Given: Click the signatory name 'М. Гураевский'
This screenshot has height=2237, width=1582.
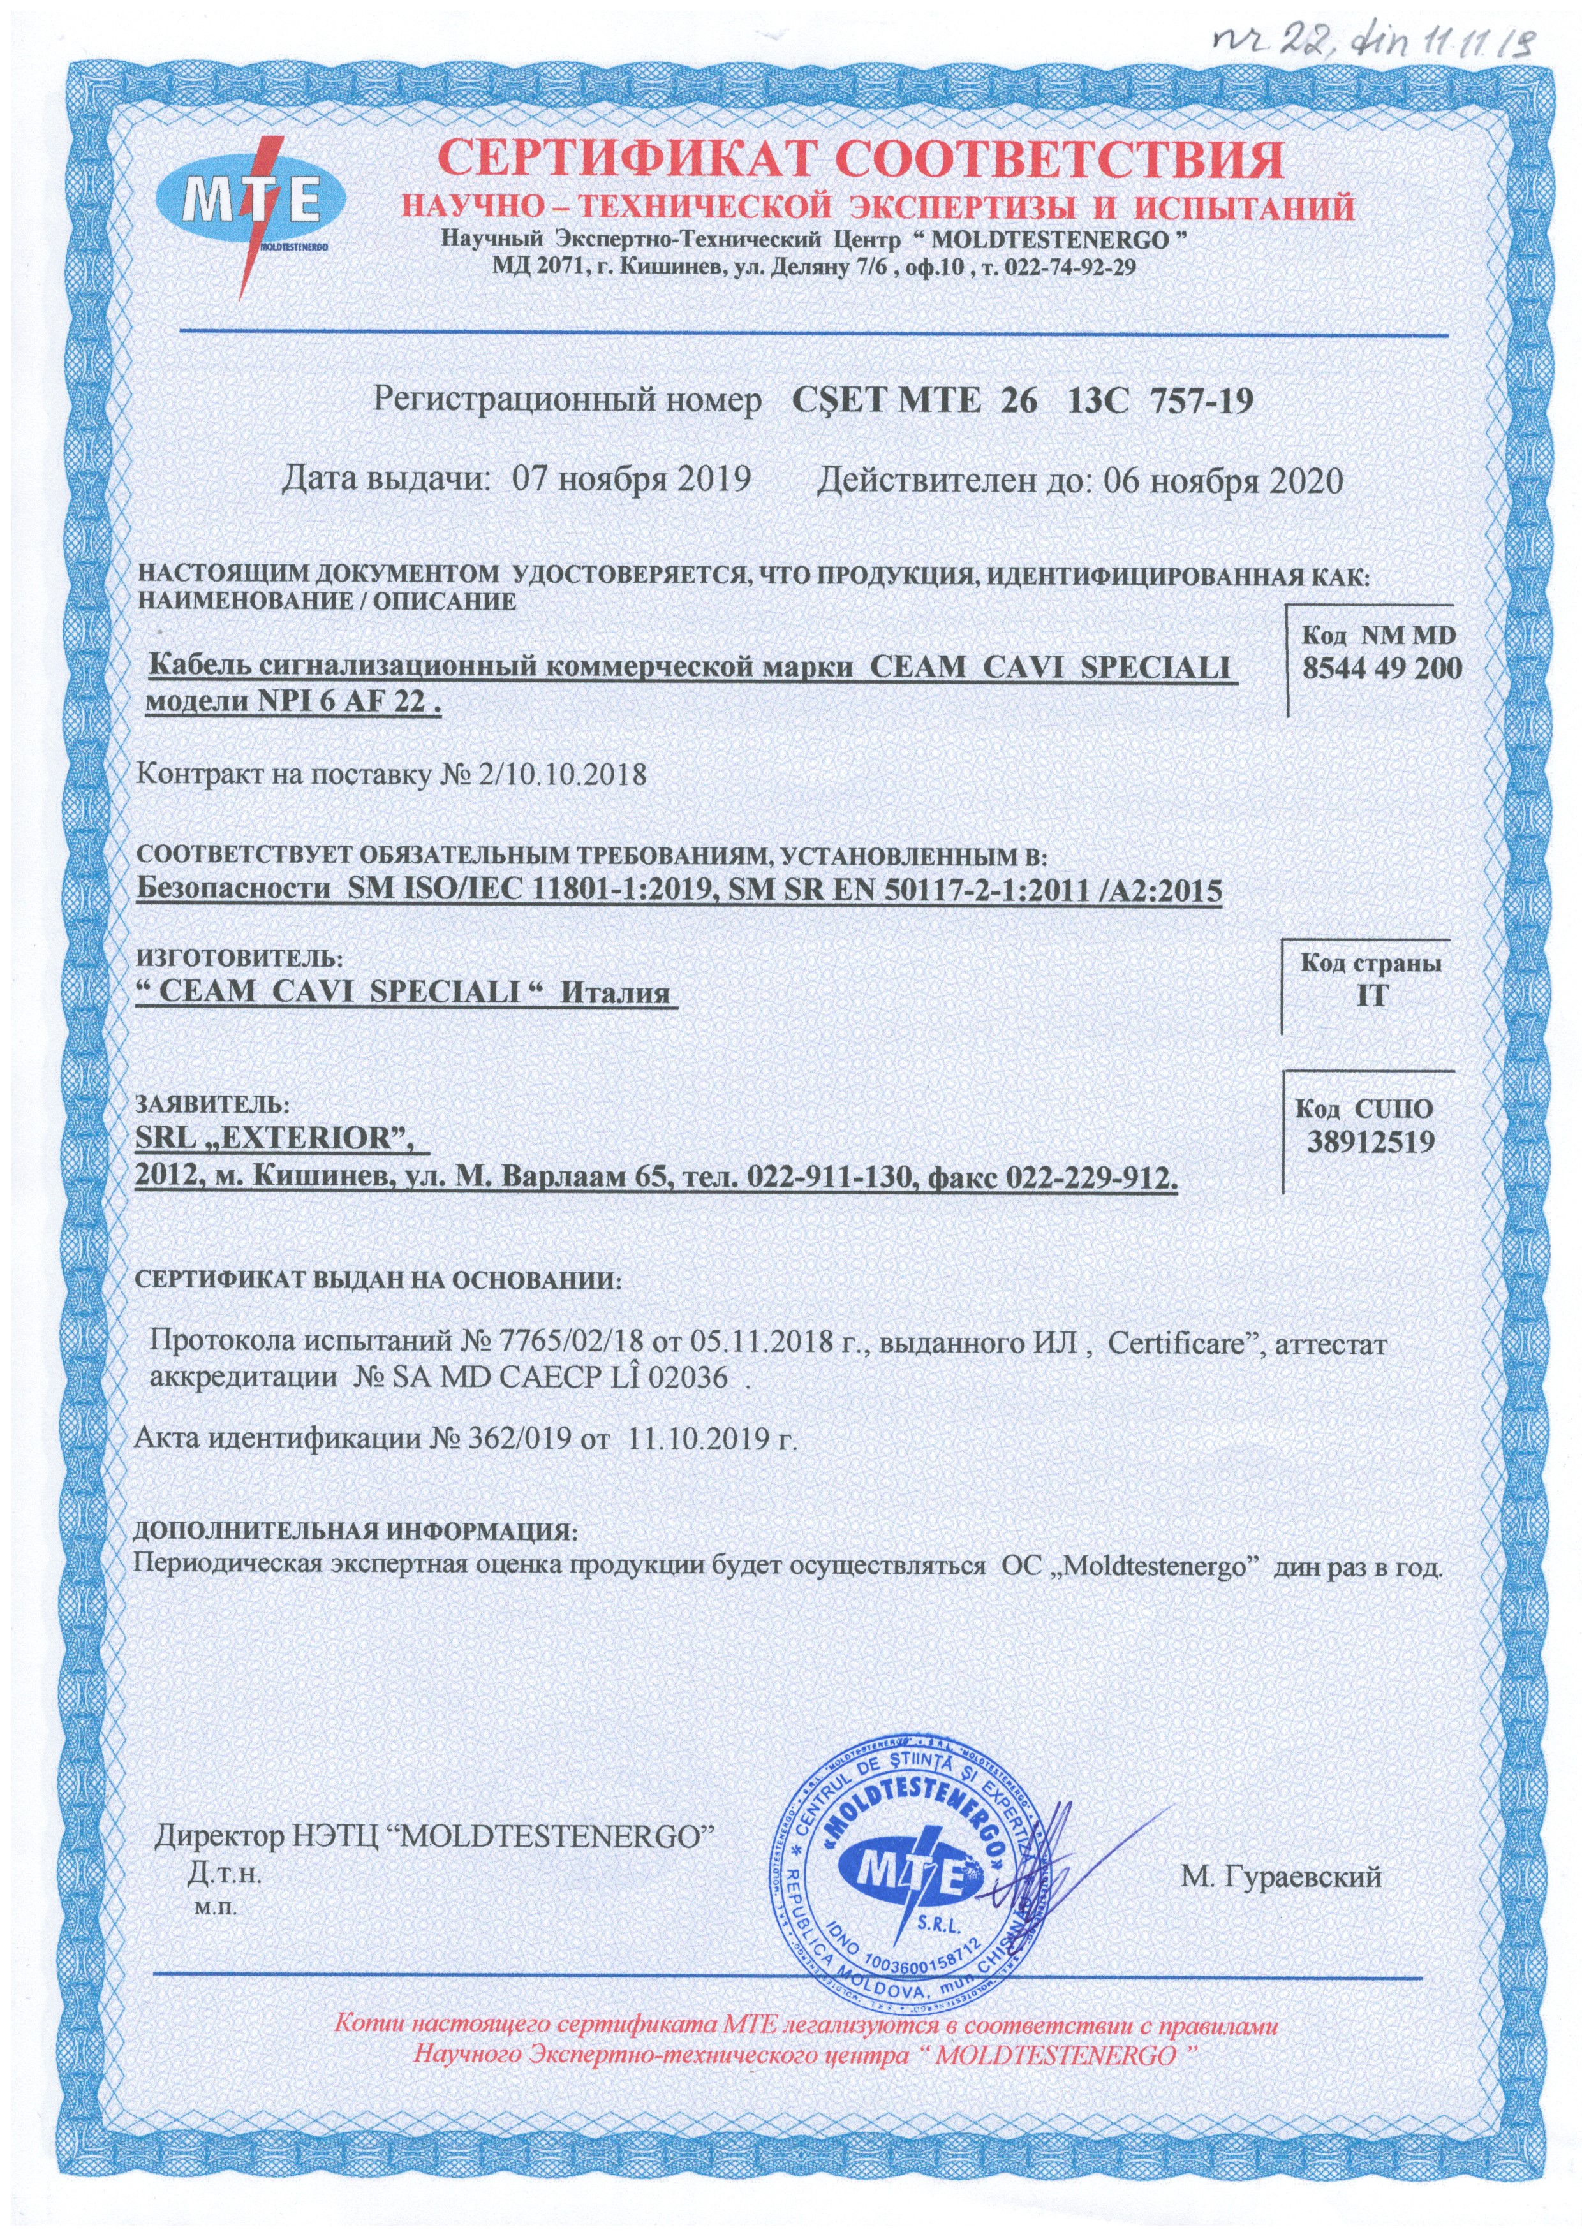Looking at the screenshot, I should (1281, 1877).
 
